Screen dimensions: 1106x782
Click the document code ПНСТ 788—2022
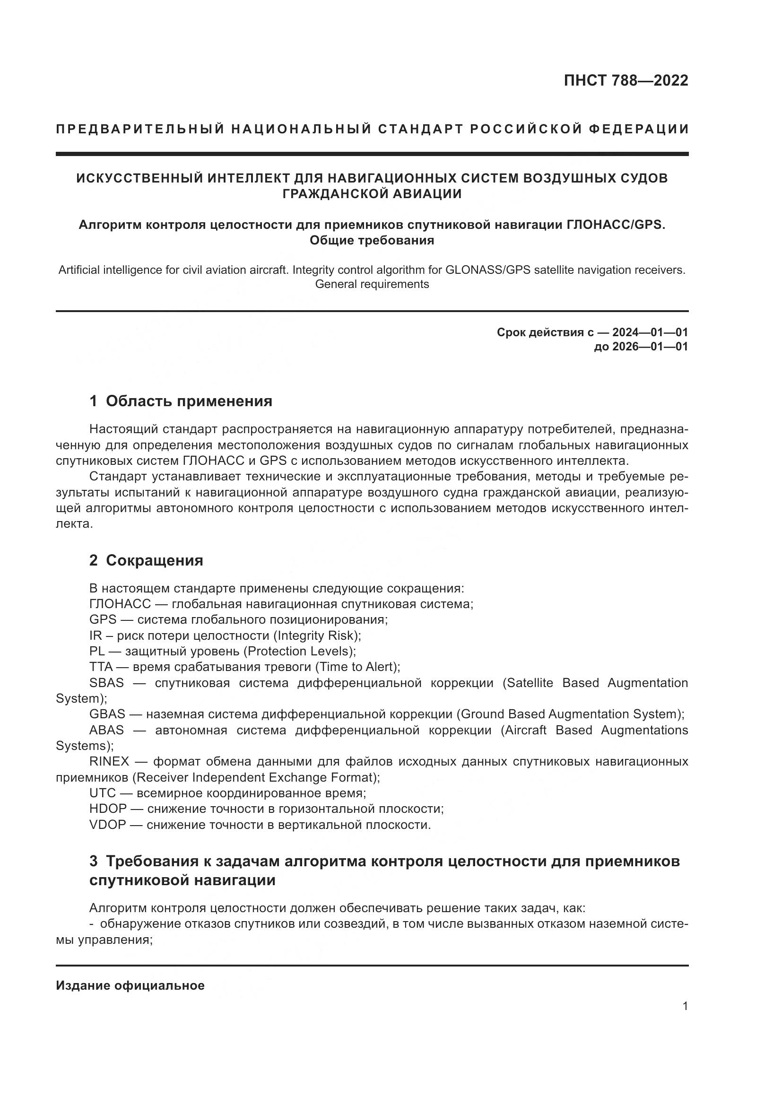626,80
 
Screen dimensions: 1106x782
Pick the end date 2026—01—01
650,347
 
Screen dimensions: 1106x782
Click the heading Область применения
189,401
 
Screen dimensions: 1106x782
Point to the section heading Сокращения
154,560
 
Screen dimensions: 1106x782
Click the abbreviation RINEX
109,761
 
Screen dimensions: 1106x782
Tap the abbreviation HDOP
108,809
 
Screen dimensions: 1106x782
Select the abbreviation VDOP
107,825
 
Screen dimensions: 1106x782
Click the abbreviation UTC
103,793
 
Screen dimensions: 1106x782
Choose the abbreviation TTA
101,667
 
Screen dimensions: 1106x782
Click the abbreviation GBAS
107,714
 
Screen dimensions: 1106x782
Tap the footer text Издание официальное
130,985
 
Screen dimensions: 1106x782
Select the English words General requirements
372,284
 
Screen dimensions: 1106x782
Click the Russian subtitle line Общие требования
372,240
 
